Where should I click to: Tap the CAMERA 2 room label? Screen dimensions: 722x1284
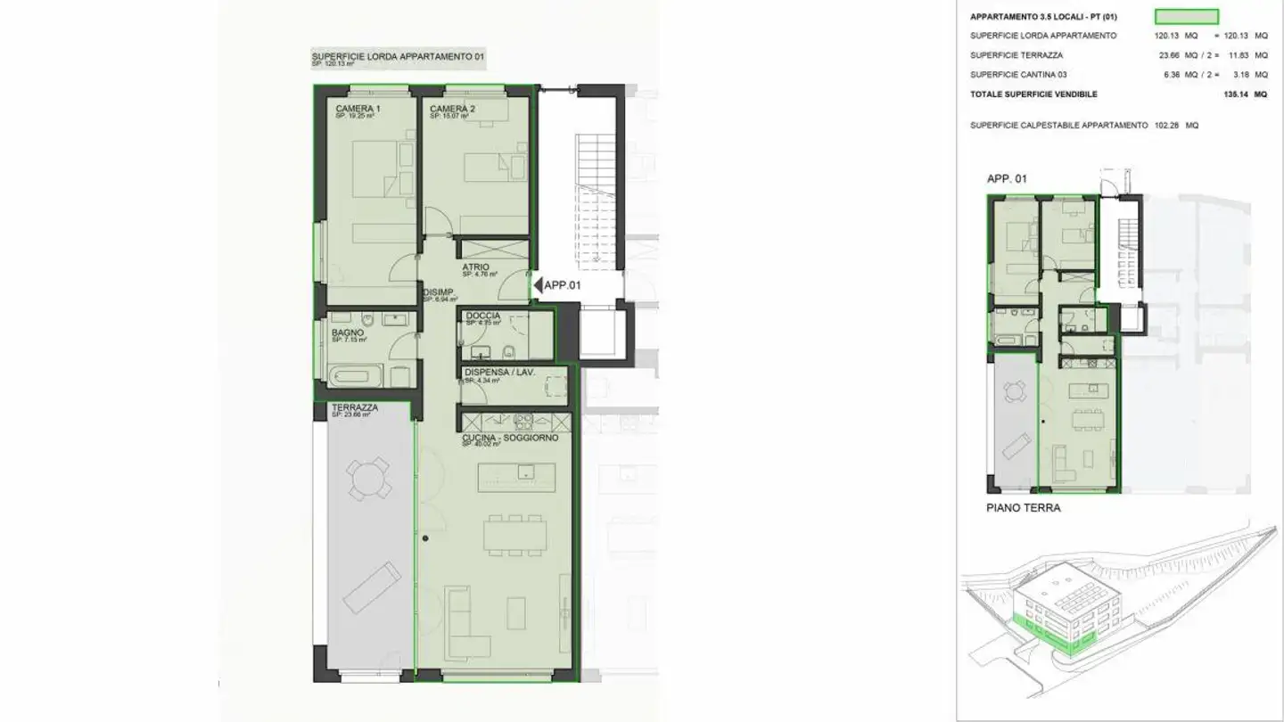(x=453, y=109)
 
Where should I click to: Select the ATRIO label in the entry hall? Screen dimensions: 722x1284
(x=474, y=267)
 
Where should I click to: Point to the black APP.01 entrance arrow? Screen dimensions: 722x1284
(x=538, y=285)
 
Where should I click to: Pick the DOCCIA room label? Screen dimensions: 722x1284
(x=482, y=316)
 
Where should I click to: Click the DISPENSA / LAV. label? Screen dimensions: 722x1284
(x=499, y=373)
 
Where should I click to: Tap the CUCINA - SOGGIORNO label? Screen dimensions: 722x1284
(x=510, y=439)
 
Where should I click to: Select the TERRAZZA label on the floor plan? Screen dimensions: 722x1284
(x=354, y=407)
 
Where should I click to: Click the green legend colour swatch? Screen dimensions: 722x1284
(x=1186, y=16)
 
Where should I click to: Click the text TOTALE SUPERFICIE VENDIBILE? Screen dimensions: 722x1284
(x=1033, y=94)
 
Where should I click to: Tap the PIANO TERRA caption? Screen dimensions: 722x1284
(x=1023, y=508)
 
